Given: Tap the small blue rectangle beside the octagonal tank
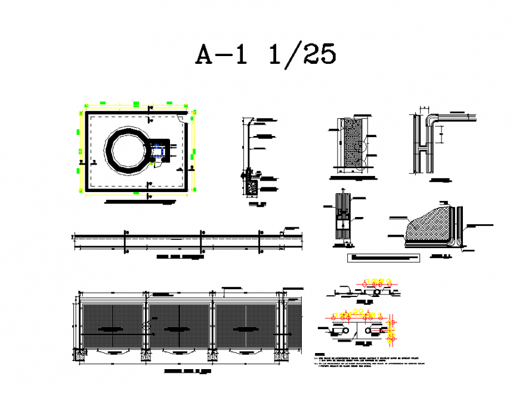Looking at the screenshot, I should tap(157, 151).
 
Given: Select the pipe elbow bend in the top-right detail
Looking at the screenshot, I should tap(431, 119).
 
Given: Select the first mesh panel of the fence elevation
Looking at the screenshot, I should tap(112, 327).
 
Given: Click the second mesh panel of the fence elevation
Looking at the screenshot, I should tap(180, 327).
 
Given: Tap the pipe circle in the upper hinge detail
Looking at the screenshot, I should tap(378, 293).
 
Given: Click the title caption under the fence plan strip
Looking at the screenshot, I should tap(180, 259).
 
